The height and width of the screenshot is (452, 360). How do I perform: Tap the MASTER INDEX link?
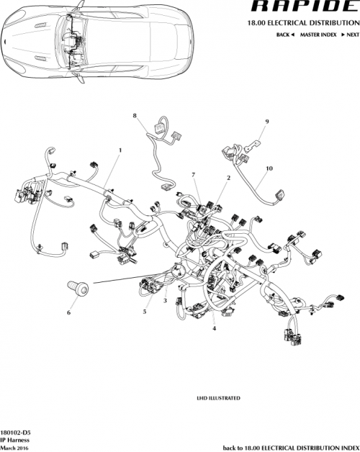[316, 35]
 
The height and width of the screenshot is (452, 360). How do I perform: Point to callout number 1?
[120, 150]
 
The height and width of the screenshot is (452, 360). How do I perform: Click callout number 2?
[228, 177]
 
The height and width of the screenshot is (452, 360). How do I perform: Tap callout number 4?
[215, 328]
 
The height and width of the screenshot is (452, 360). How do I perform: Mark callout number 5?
[145, 312]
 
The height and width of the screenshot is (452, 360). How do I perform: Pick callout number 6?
[69, 312]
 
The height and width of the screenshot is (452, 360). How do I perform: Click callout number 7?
[193, 175]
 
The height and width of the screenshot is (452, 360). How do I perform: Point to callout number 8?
[134, 115]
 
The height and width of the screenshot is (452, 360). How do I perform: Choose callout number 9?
[266, 122]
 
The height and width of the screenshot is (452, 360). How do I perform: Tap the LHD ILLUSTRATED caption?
[218, 397]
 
